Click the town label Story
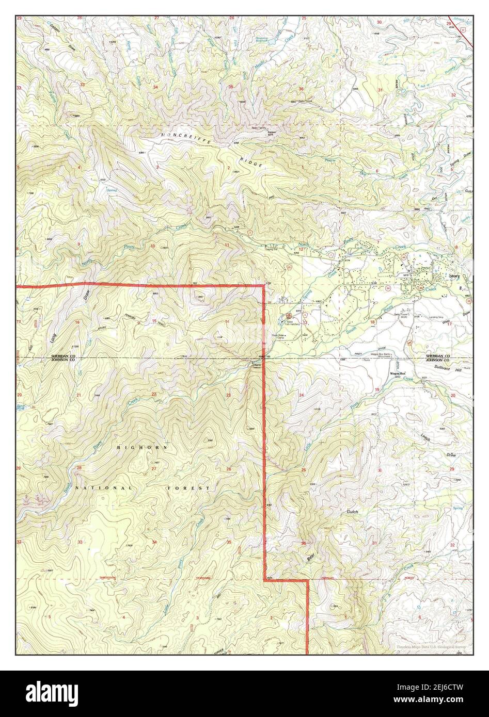454,276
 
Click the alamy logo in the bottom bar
54,692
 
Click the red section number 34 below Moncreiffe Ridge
155,87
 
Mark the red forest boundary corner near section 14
264,285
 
